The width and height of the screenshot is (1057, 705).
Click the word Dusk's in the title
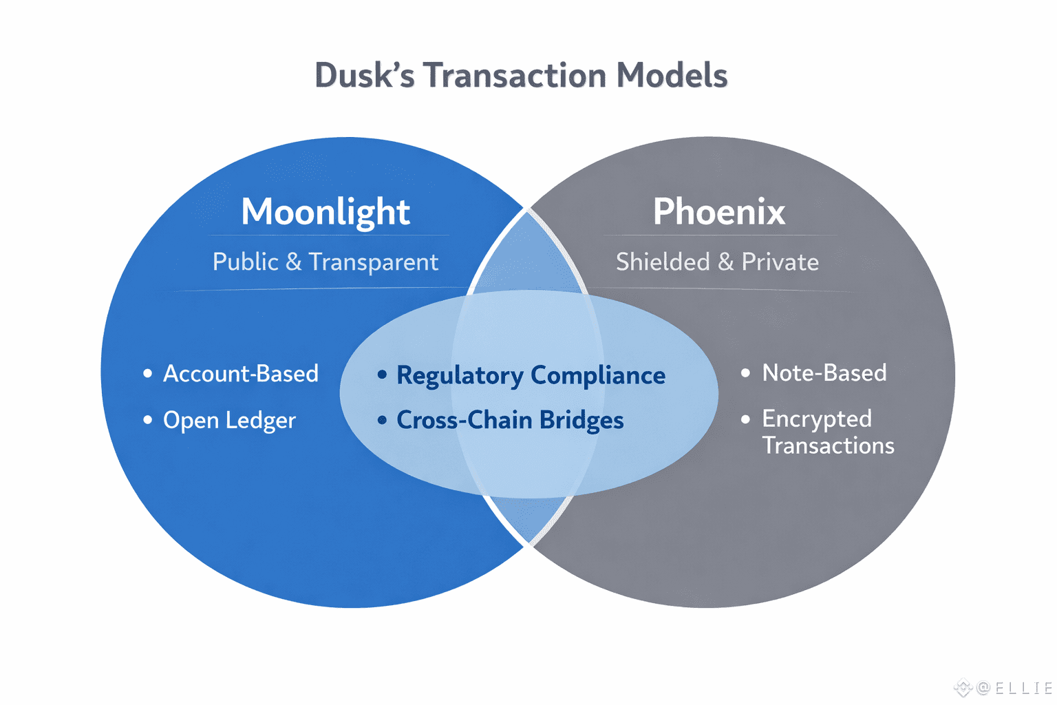click(x=365, y=75)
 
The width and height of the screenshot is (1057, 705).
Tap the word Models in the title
click(x=672, y=75)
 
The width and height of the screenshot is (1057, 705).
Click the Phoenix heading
click(x=718, y=211)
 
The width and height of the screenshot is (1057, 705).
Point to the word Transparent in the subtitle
click(x=374, y=262)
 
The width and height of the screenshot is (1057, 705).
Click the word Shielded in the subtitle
click(x=663, y=262)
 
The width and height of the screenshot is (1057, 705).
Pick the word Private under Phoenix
click(x=780, y=262)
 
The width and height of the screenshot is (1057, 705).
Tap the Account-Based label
click(x=241, y=374)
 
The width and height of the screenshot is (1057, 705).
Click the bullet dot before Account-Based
click(x=148, y=374)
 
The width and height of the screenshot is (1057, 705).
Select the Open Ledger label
click(x=229, y=420)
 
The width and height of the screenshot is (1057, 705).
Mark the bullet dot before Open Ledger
click(x=148, y=420)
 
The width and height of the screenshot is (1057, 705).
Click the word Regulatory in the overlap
click(x=460, y=377)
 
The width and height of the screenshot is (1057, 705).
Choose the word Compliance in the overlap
click(x=598, y=377)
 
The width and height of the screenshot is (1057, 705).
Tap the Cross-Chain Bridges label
click(x=510, y=420)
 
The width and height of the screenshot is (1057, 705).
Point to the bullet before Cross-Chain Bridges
click(x=382, y=420)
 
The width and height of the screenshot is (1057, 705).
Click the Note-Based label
click(x=824, y=372)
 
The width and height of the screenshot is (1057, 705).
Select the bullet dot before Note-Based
click(x=745, y=373)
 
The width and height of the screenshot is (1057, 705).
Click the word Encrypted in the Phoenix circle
click(x=817, y=419)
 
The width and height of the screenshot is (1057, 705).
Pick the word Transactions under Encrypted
click(x=828, y=445)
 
